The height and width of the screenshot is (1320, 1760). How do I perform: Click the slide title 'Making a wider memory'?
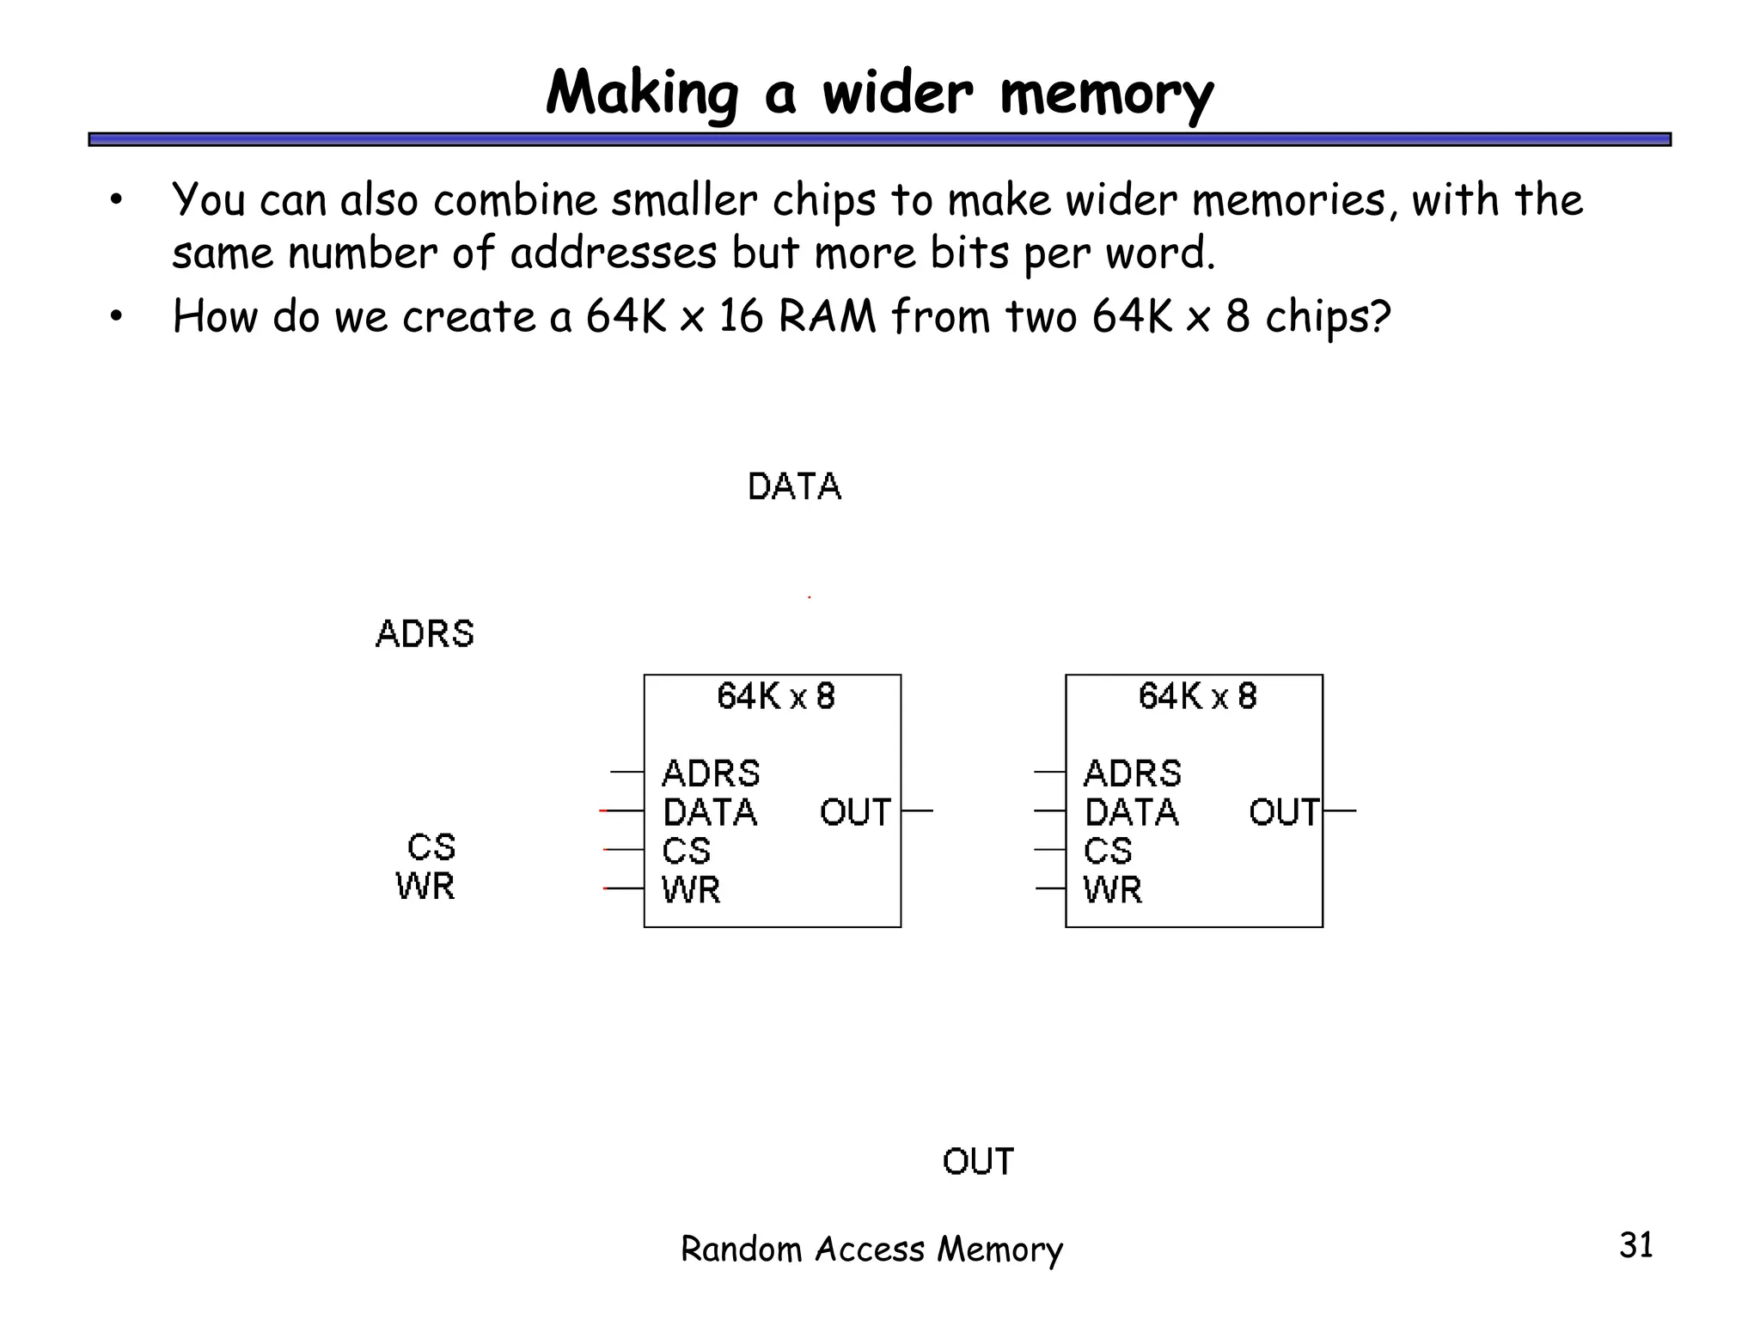879,92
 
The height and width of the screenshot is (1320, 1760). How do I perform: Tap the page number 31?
1635,1245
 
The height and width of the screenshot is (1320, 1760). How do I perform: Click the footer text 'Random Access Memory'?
871,1249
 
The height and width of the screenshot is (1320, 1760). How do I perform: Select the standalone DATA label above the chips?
794,487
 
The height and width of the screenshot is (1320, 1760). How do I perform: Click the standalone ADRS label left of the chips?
425,634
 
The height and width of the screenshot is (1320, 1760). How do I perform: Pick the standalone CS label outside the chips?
431,847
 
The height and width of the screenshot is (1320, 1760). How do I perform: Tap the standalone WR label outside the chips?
425,886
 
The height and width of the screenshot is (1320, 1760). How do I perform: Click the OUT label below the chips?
978,1162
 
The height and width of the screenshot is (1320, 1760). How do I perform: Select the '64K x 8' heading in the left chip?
775,696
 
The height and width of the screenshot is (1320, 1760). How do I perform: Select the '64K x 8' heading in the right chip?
1197,696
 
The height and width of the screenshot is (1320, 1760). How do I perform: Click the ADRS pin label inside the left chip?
711,773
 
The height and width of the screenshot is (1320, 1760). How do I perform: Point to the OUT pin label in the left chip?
855,812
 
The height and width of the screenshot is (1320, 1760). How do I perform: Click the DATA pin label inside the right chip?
1131,812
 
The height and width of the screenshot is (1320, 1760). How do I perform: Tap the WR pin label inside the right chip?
1112,889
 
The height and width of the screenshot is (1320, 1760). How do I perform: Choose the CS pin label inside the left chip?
686,851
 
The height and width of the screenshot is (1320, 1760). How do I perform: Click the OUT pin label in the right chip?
1284,812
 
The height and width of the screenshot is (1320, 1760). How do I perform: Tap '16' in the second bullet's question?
741,316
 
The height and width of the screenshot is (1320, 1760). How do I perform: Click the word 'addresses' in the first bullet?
613,254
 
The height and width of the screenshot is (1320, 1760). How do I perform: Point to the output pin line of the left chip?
917,810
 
